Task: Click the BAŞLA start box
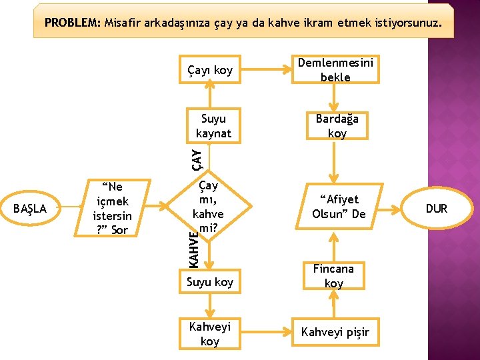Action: tap(30, 209)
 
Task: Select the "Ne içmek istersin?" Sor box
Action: tap(113, 208)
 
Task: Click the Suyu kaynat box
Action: tap(213, 126)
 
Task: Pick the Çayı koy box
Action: tap(210, 70)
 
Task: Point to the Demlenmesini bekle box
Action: tap(335, 69)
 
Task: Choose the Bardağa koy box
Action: tap(337, 126)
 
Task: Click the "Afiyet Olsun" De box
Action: tap(339, 207)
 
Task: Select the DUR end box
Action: tap(437, 209)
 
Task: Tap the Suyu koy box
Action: tap(210, 282)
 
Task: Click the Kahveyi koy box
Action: tap(210, 333)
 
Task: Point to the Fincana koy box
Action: tap(334, 276)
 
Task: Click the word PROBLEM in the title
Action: tap(72, 23)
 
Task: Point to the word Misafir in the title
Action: tap(125, 23)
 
